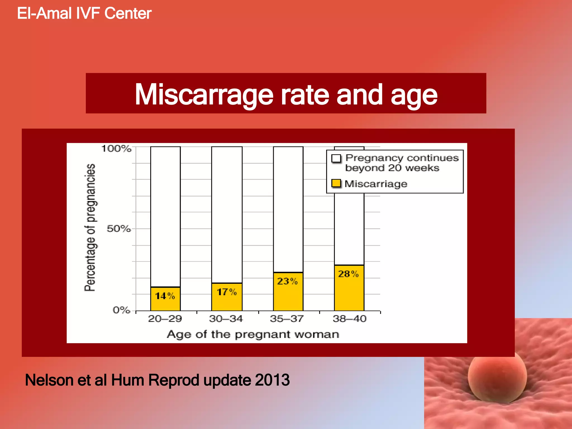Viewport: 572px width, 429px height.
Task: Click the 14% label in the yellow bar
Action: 165,296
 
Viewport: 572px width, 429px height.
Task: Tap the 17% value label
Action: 227,292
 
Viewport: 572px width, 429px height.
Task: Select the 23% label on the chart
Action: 287,281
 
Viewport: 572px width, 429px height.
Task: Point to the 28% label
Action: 348,274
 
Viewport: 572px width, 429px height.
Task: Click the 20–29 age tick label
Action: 165,319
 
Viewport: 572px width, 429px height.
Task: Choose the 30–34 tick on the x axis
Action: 226,319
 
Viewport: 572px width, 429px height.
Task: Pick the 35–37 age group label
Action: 287,319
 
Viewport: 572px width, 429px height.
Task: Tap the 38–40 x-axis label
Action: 349,319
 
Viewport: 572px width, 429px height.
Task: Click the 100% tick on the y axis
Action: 116,148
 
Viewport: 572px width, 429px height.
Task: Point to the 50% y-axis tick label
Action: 119,229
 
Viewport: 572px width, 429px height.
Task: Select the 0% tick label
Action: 121,310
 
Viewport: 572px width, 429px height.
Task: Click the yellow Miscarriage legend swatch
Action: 336,183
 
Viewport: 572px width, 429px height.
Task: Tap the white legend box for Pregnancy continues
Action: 336,158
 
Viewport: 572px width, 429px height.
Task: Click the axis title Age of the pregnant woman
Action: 253,334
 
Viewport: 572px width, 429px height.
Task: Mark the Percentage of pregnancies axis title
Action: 90,228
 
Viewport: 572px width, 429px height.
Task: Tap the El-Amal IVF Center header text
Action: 84,13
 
